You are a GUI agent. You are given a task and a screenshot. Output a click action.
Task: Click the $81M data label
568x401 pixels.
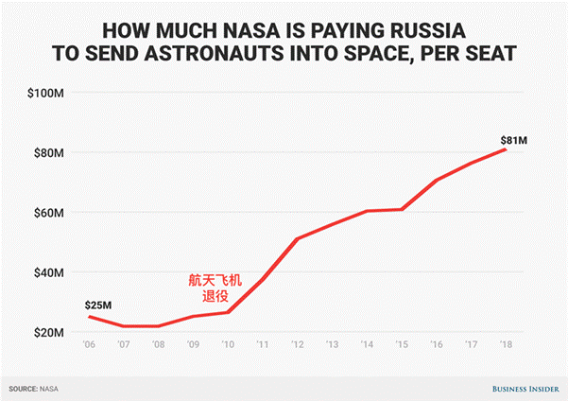pyautogui.click(x=513, y=141)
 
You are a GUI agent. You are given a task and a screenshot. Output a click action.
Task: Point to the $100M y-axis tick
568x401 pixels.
pyautogui.click(x=46, y=93)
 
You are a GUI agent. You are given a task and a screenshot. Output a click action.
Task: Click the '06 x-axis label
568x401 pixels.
pyautogui.click(x=90, y=346)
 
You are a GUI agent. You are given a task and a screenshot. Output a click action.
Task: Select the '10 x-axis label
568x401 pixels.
pyautogui.click(x=228, y=346)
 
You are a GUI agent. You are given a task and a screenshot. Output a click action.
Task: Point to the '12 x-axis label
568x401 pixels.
pyautogui.click(x=297, y=346)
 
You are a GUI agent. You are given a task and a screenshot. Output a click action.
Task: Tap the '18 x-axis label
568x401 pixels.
pyautogui.click(x=505, y=346)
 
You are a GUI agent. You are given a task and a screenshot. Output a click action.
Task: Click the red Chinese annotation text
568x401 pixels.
pyautogui.click(x=214, y=288)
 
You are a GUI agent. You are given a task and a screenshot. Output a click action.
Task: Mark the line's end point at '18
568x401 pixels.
pyautogui.click(x=505, y=149)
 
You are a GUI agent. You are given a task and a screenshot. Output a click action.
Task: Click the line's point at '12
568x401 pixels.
pyautogui.click(x=297, y=238)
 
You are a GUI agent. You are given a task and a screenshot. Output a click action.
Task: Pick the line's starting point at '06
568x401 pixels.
pyautogui.click(x=90, y=316)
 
